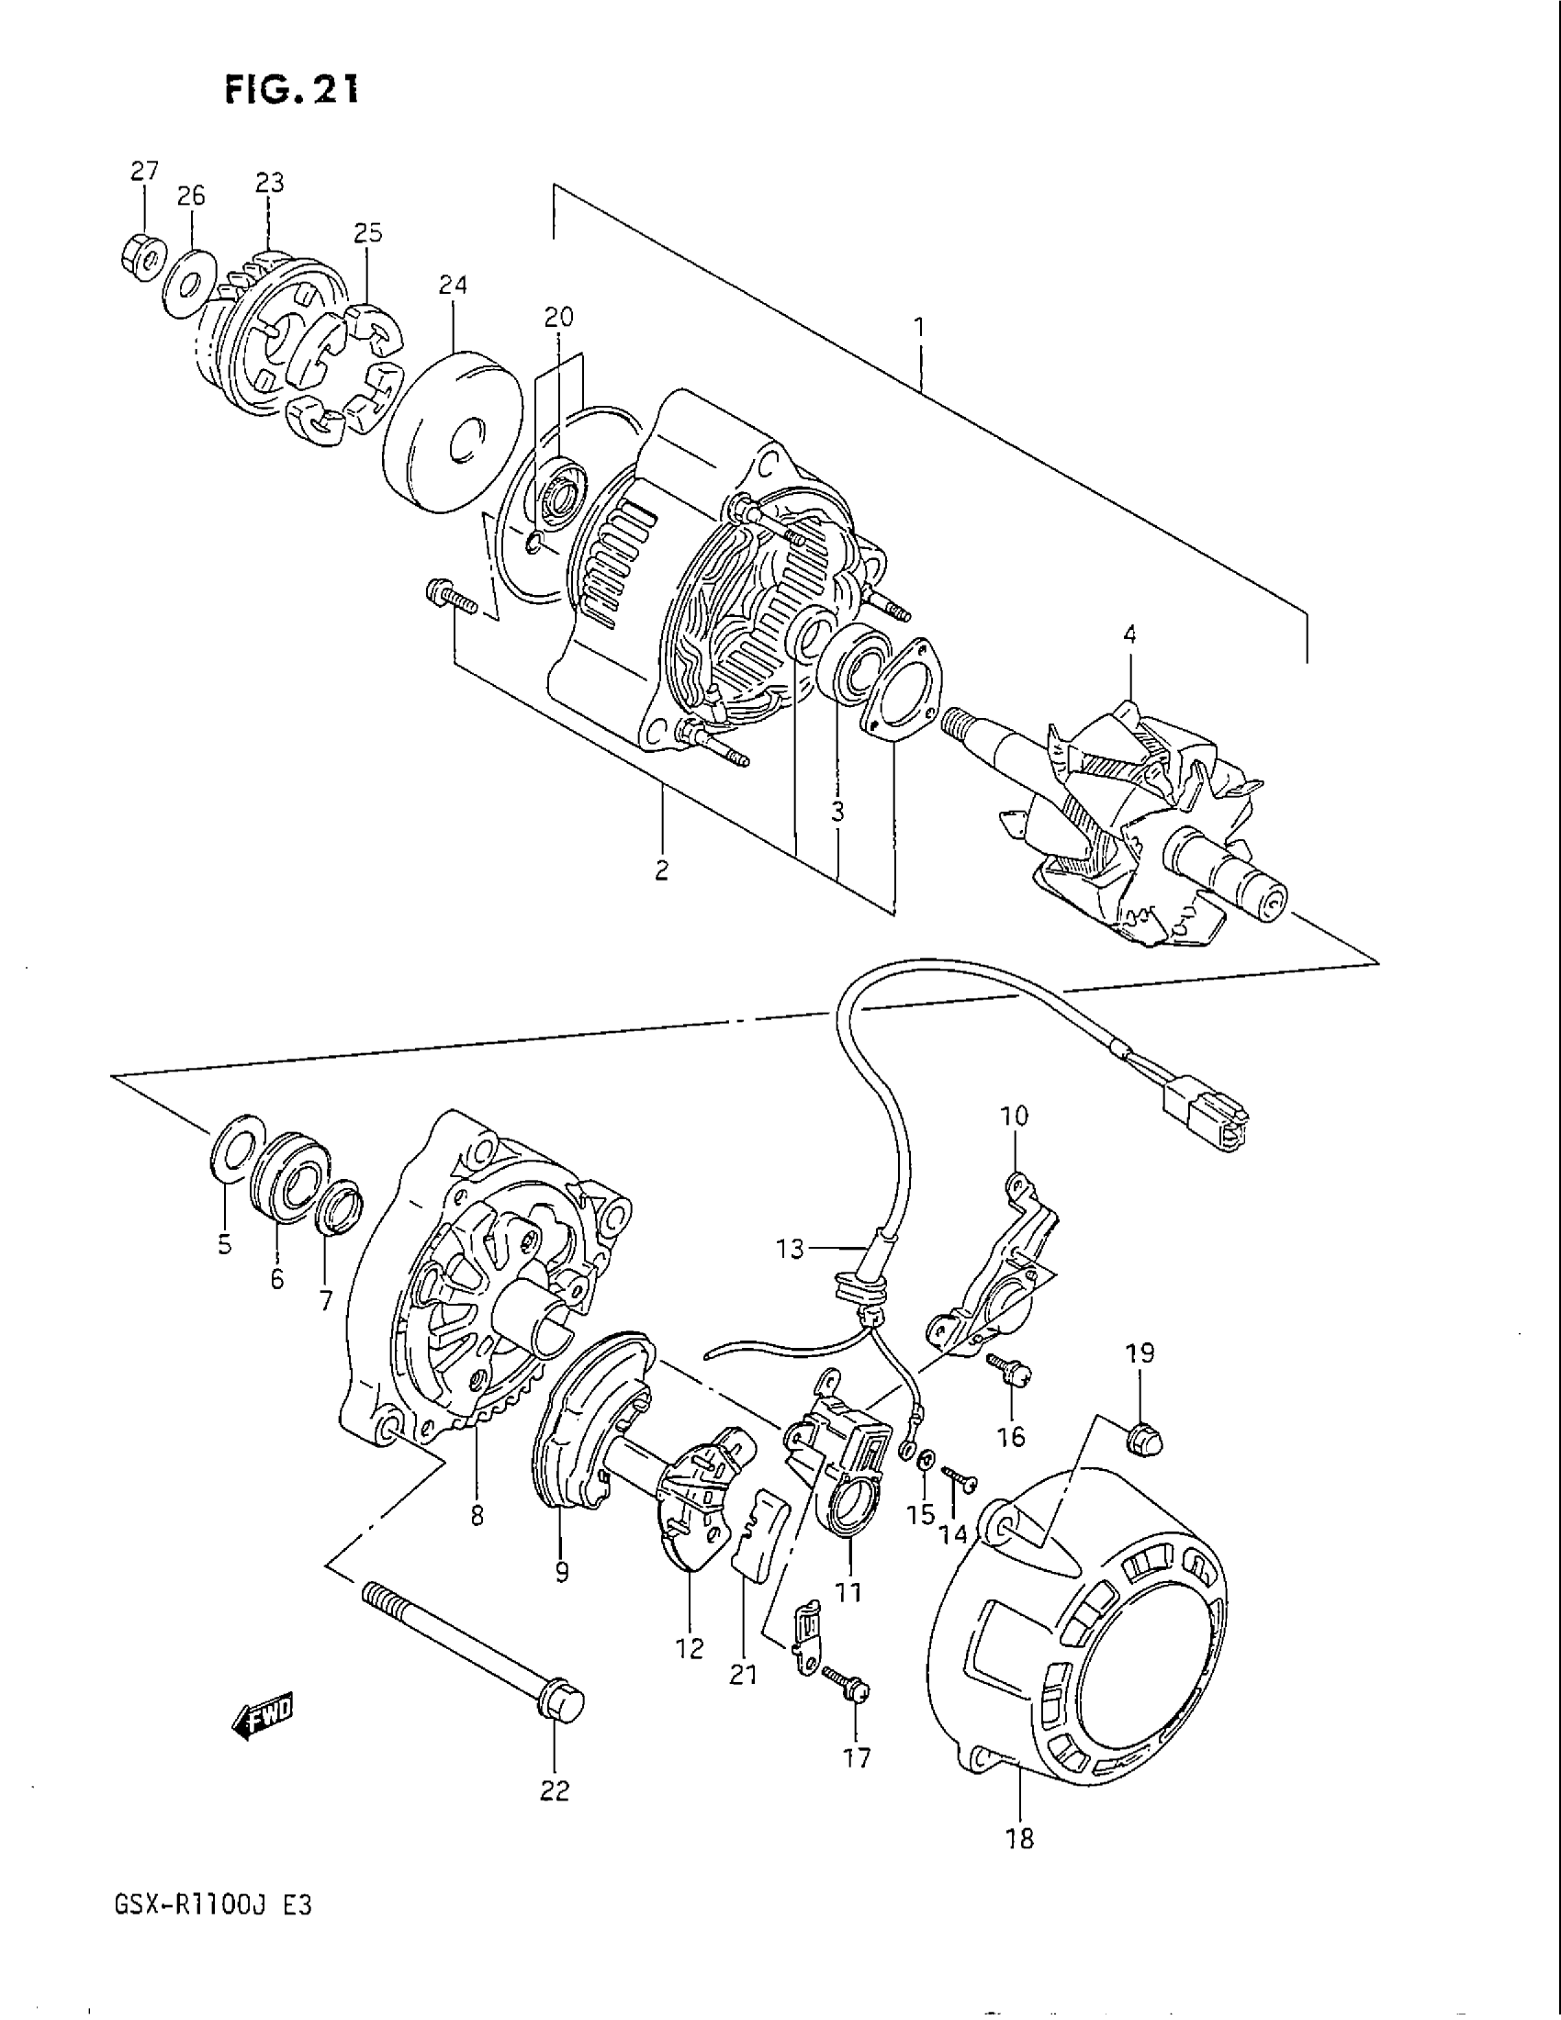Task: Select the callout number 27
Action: pos(144,171)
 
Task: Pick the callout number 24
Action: pos(453,286)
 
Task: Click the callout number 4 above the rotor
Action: pos(1129,634)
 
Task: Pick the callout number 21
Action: pos(744,1675)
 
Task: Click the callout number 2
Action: pos(662,870)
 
